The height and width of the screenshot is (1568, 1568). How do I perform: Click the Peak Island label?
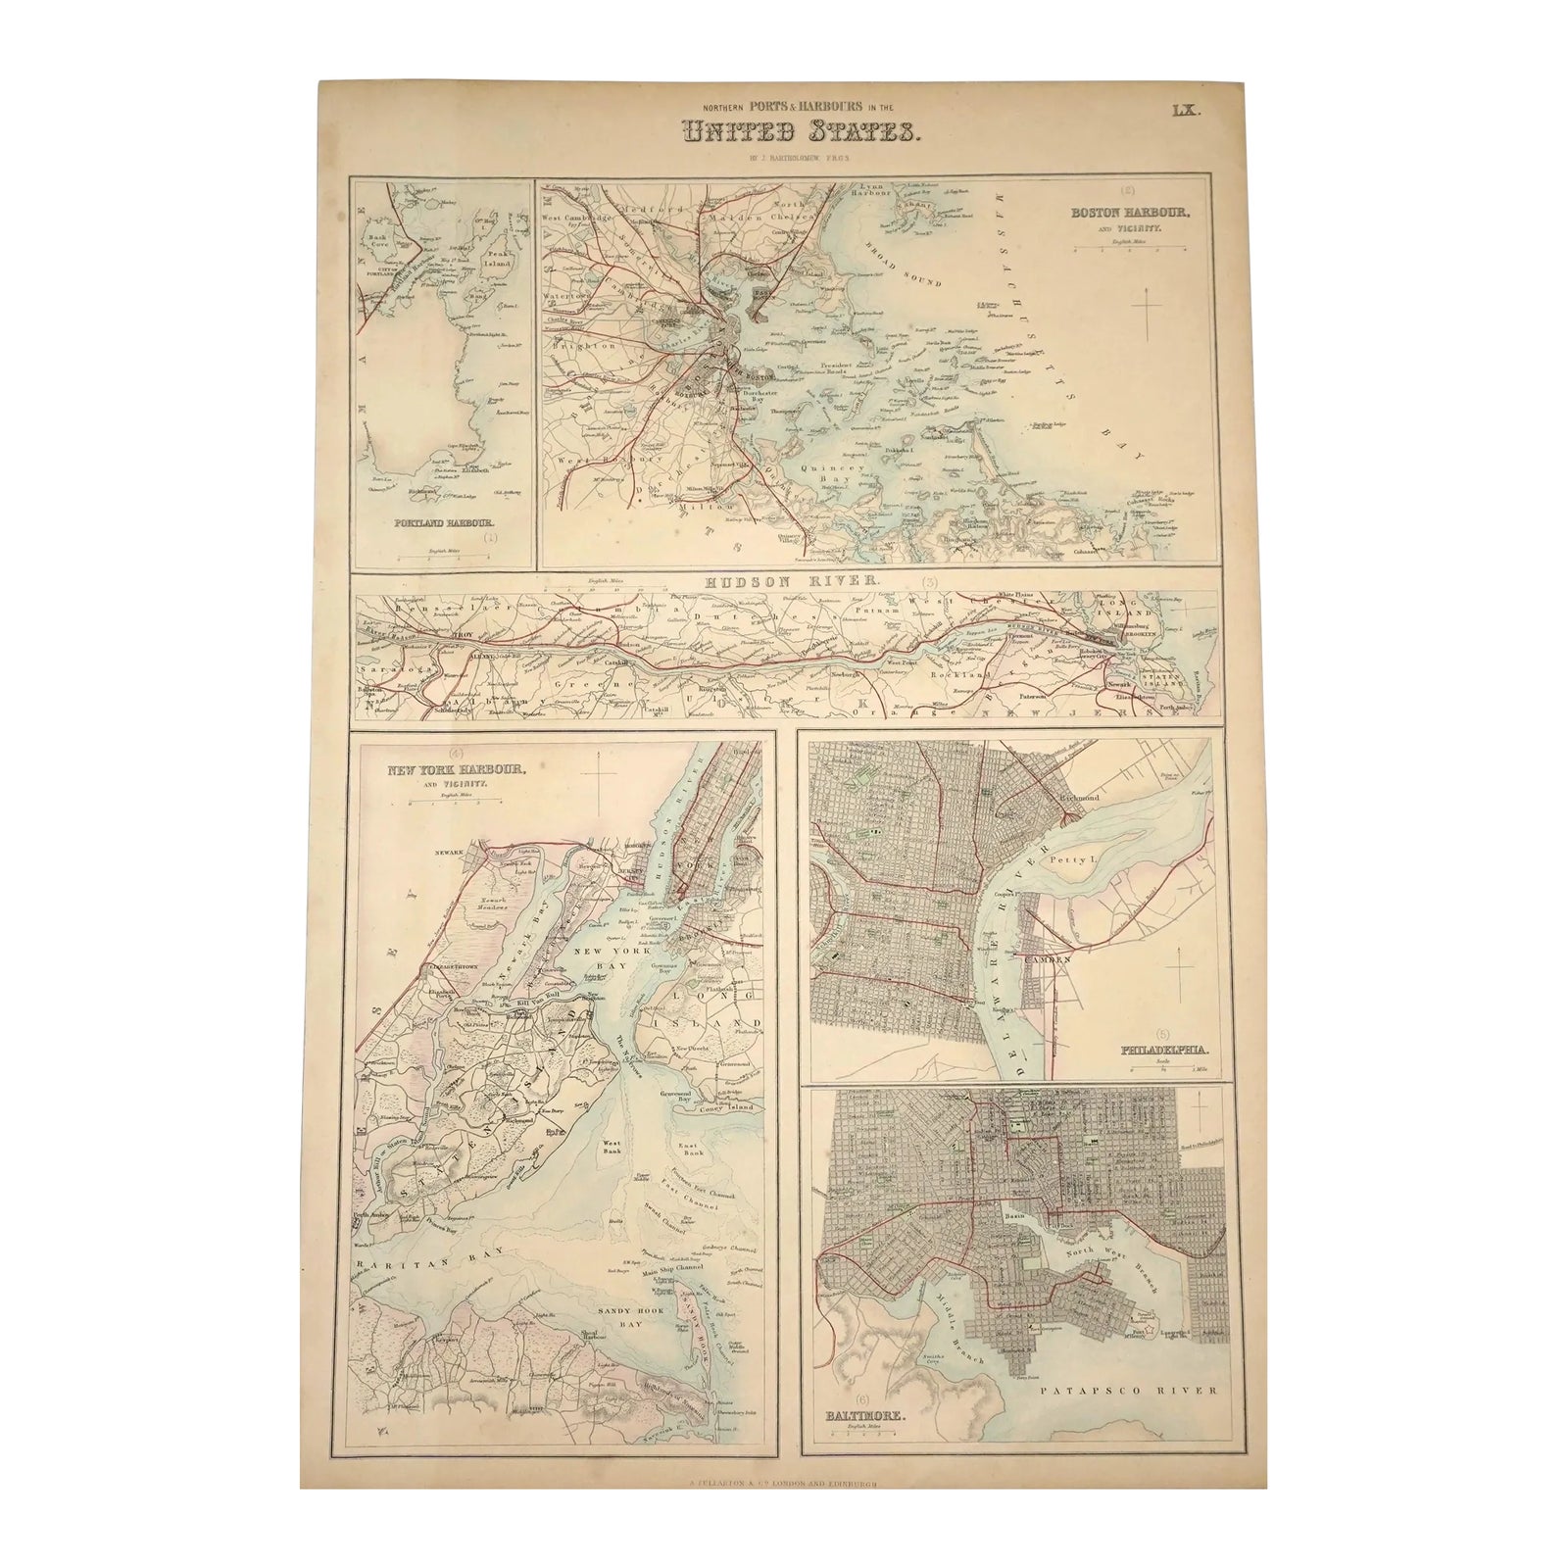click(500, 259)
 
